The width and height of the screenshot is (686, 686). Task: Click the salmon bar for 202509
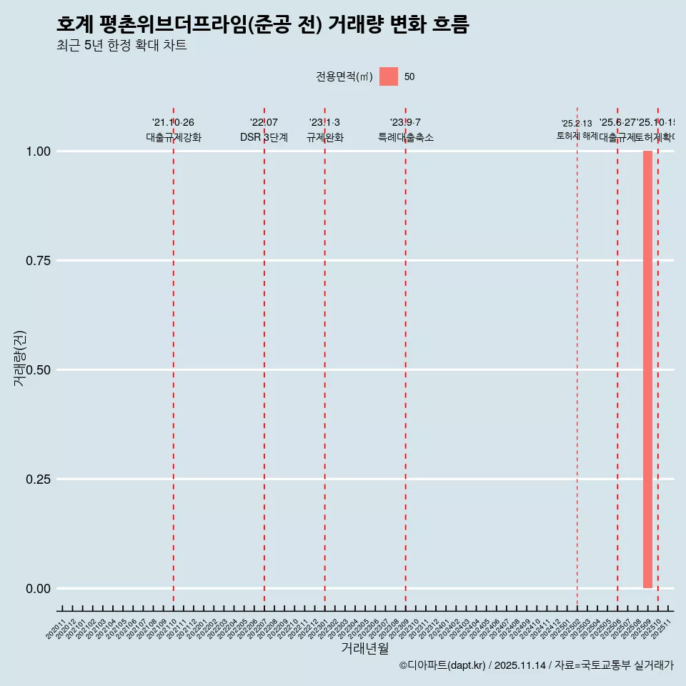(x=647, y=369)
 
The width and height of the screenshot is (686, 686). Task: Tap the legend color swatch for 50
(x=389, y=76)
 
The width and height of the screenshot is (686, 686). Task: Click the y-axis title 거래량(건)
(x=20, y=359)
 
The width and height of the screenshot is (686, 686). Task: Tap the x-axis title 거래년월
(x=364, y=649)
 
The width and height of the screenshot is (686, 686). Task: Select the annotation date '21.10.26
(x=173, y=123)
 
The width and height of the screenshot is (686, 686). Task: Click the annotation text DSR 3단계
(x=264, y=138)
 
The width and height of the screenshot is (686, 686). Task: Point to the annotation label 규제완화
(x=325, y=138)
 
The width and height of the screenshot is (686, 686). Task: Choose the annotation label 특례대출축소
(x=406, y=138)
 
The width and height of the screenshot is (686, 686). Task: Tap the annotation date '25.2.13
(x=577, y=124)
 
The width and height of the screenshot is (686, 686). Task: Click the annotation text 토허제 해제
(x=577, y=136)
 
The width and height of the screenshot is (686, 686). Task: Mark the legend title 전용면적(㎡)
(x=344, y=77)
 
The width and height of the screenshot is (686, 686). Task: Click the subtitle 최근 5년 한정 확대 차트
(x=121, y=46)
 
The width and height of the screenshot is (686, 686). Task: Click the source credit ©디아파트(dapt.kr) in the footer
(x=442, y=665)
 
